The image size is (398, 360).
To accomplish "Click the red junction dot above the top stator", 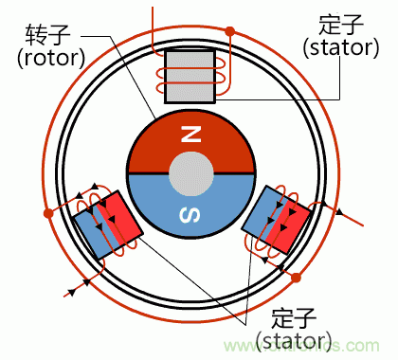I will (x=229, y=32).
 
